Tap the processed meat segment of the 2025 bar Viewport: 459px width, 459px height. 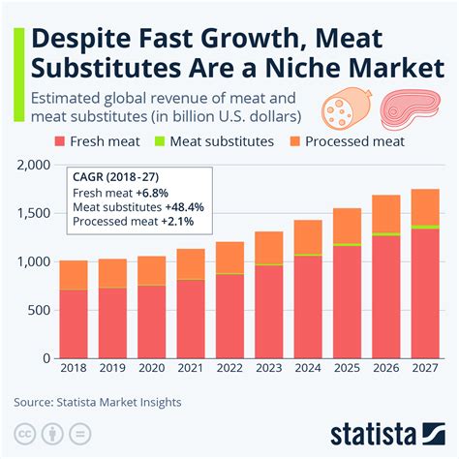[x=348, y=226]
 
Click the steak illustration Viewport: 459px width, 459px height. [x=408, y=108]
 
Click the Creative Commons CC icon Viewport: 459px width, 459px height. [x=26, y=432]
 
